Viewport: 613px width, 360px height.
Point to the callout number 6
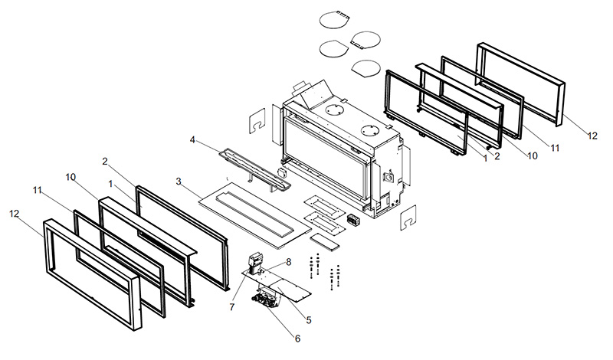pos(298,338)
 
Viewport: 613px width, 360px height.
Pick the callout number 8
pos(288,263)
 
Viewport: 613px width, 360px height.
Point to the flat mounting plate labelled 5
pos(287,284)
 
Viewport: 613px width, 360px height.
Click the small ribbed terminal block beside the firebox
pos(354,220)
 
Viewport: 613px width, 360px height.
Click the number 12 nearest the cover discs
pos(592,136)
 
